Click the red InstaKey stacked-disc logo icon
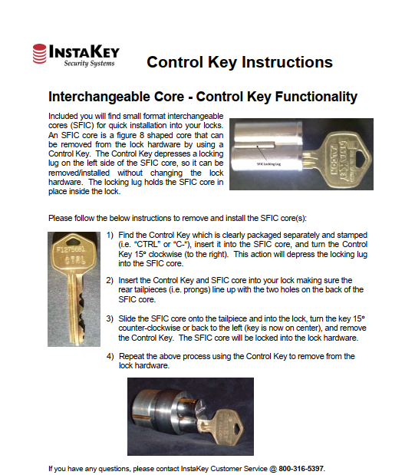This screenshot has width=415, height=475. [40, 54]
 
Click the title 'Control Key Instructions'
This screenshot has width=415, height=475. [239, 62]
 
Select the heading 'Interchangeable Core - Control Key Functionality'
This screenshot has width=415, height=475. [203, 97]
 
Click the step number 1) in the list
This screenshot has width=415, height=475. [110, 234]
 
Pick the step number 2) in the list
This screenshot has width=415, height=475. [110, 280]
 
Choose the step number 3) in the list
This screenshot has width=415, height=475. [110, 318]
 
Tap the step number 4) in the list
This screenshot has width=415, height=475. [110, 356]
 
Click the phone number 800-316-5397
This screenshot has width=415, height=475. [301, 467]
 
